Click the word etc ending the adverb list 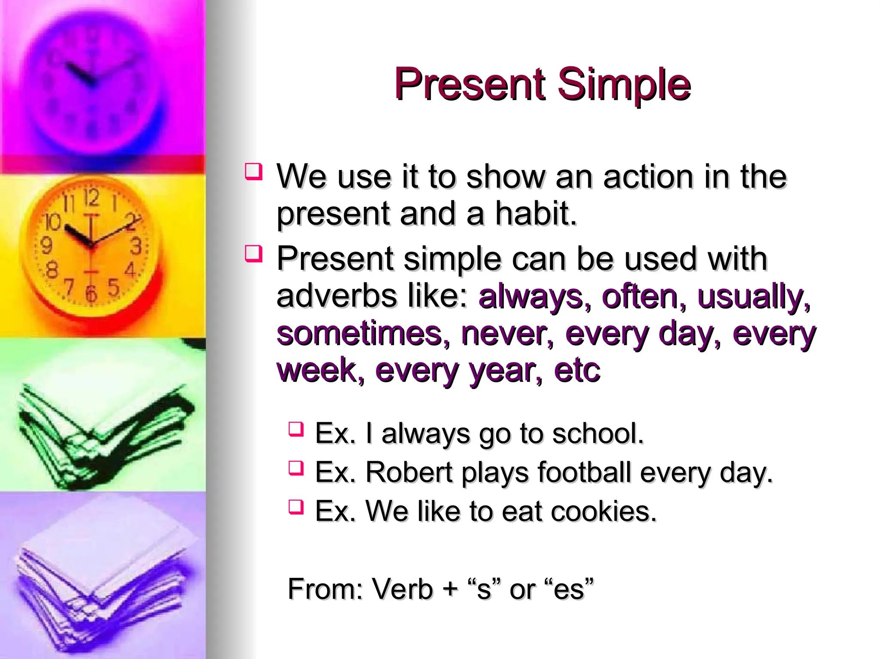(x=577, y=370)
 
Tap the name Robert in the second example (x=409, y=472)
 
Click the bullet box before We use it (x=253, y=171)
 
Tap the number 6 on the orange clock (x=91, y=293)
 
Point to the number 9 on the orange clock (x=46, y=246)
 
